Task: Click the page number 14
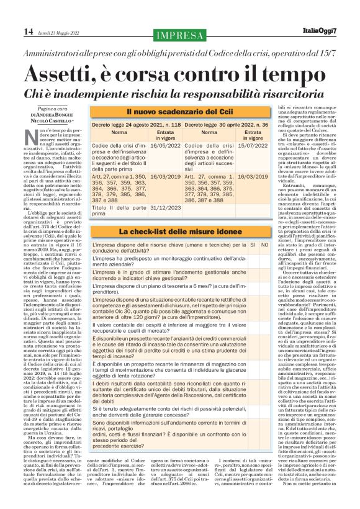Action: pos(29,31)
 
